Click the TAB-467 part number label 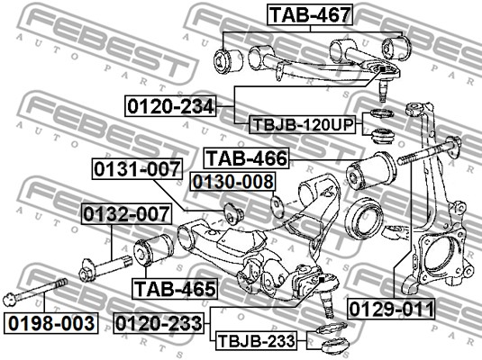pos(310,14)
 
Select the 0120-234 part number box pos(170,106)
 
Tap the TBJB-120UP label pos(302,125)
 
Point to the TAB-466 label pos(247,158)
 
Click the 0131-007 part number pos(137,169)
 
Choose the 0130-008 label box pos(232,182)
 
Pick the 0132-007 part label pos(126,214)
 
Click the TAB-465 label pos(175,289)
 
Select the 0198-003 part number pos(51,323)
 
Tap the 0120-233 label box pos(159,323)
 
